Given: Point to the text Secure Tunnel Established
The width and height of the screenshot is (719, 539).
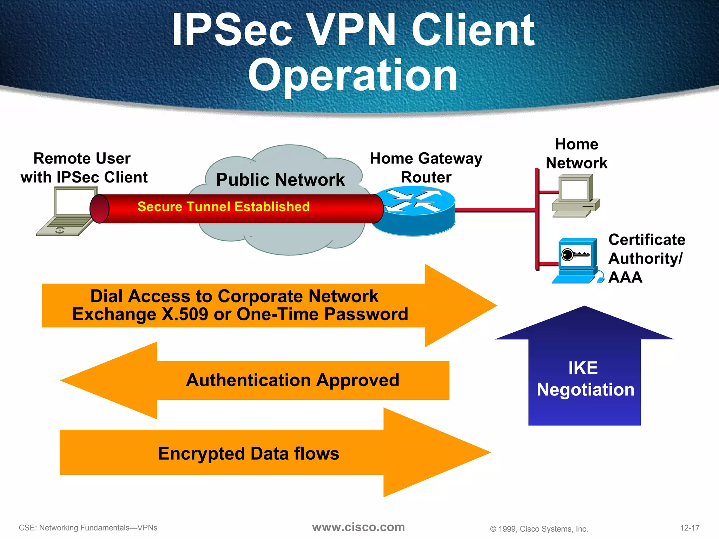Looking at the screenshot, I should coord(224,207).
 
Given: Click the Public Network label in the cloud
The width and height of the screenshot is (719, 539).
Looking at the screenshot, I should coord(280,180).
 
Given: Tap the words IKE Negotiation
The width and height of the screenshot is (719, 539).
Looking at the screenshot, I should coord(585,379).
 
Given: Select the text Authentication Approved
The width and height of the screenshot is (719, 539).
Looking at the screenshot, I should coord(292,380).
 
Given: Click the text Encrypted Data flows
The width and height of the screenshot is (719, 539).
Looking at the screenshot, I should coord(249,453).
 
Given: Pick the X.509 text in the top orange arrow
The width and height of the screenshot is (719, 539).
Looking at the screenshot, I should coord(185,314).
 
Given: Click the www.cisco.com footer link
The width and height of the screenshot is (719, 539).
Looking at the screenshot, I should coord(358,527).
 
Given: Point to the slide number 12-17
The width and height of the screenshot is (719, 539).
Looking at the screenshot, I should coord(690,528).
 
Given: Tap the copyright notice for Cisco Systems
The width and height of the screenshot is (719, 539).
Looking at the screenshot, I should coord(539,529).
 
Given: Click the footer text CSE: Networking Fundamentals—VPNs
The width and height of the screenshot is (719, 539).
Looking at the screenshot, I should coord(88,528).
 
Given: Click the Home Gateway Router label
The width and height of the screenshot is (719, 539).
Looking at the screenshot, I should coord(426,168).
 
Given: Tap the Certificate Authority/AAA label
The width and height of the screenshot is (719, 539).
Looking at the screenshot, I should coord(646,258).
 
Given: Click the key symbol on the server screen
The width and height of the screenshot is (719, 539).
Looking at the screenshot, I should coord(575,254).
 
